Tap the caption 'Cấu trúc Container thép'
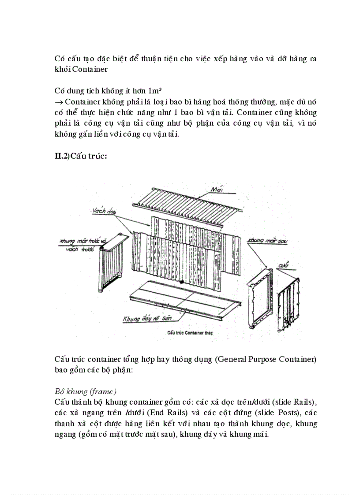(190, 334)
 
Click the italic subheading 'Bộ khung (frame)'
(86, 391)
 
